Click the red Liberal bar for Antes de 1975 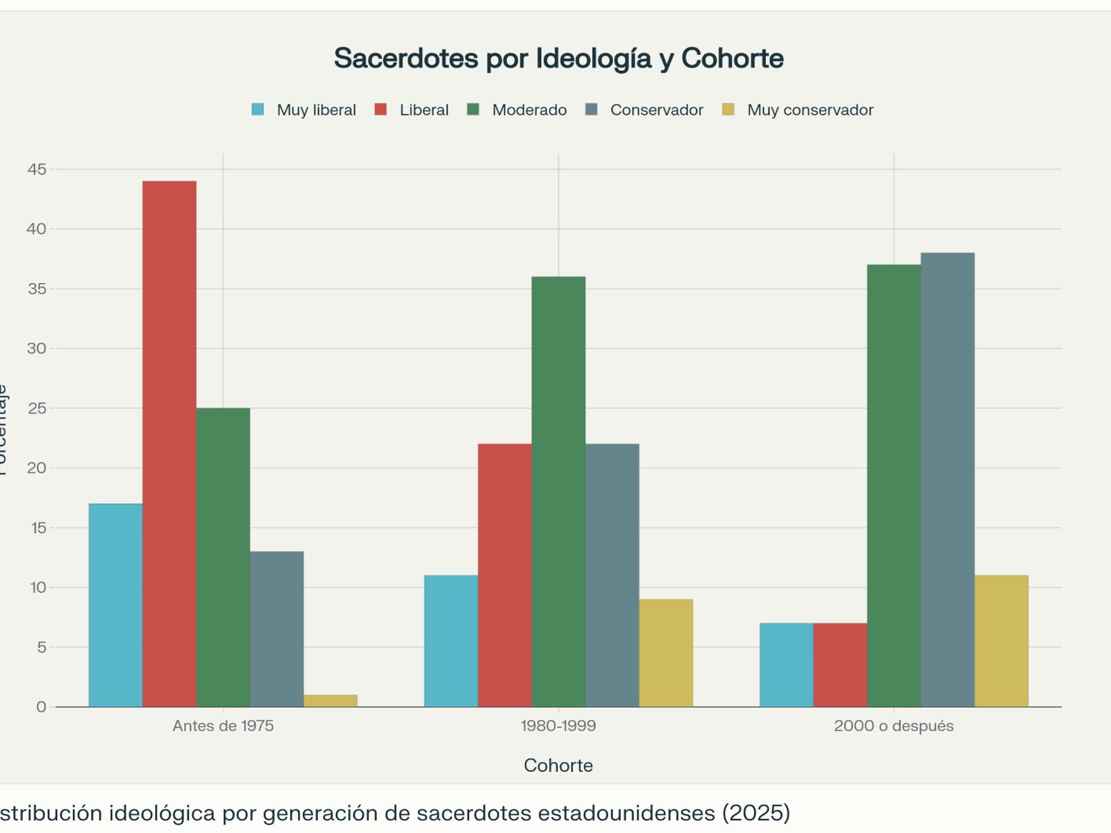point(169,444)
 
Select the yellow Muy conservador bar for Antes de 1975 point(331,700)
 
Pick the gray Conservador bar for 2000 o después point(948,480)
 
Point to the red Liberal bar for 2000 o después point(840,665)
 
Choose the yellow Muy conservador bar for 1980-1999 point(666,653)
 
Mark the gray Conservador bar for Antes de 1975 point(276,629)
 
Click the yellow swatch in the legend point(728,110)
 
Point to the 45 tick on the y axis point(37,169)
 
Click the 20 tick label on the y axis point(37,468)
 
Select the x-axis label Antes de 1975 point(223,726)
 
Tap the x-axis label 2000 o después point(894,726)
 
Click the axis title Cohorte point(558,765)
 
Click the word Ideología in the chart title point(594,58)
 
